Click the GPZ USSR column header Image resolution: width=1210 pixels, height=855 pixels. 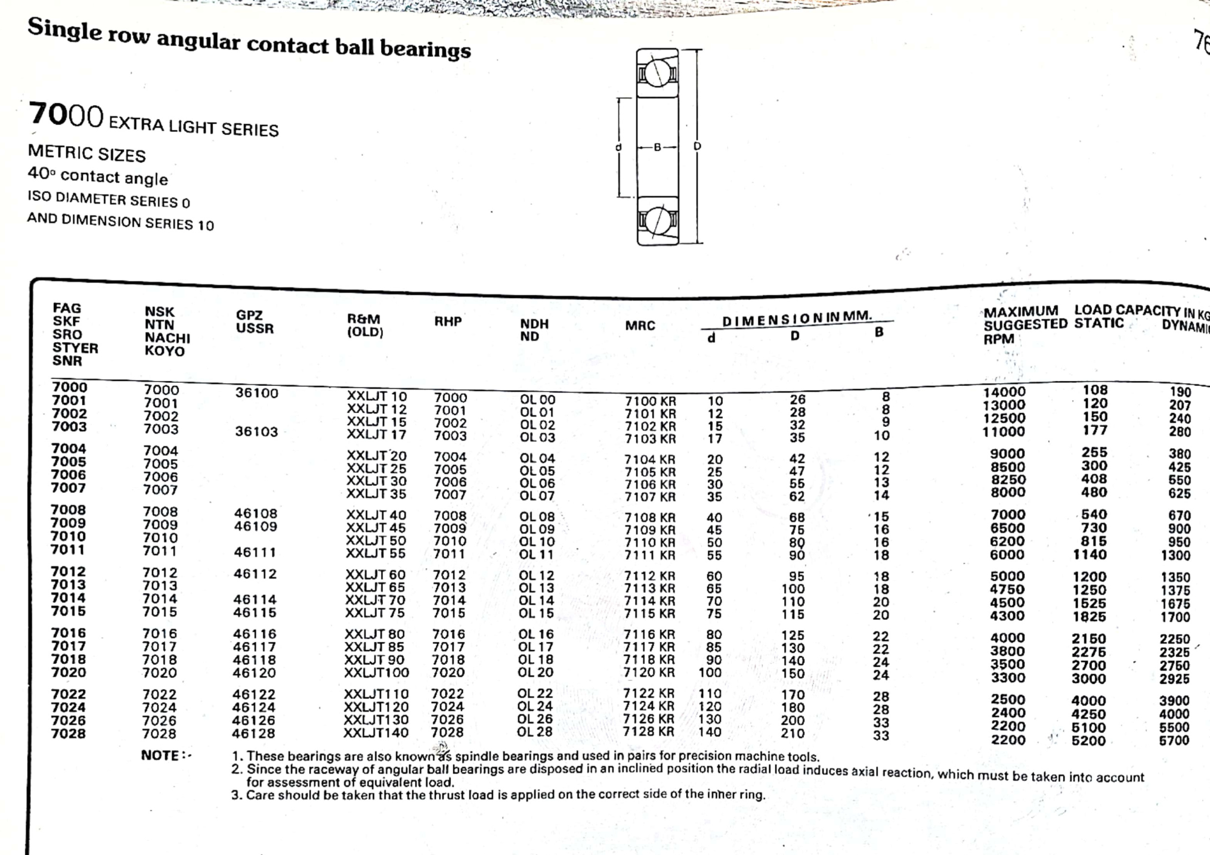tap(255, 322)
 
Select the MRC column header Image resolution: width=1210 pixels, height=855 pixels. tap(640, 325)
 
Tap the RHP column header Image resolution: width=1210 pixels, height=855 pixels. tap(448, 321)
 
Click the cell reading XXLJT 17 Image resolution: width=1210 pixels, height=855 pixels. tap(376, 434)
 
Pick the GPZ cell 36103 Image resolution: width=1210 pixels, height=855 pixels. tap(257, 431)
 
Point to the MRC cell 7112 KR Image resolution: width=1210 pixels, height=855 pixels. tap(649, 576)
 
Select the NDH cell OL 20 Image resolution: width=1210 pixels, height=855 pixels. tap(535, 672)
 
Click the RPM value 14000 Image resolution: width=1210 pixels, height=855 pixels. tap(1004, 392)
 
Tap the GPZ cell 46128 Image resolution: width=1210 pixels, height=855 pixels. tap(254, 733)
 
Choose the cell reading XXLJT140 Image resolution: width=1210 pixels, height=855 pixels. tap(376, 733)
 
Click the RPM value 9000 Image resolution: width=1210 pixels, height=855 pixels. tap(1007, 454)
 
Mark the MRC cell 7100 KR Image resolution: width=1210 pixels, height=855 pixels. tap(650, 401)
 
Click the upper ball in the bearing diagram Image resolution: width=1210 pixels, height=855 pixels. tap(657, 74)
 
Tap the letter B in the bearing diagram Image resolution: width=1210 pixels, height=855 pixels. tap(658, 146)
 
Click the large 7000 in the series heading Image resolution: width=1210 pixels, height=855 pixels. tap(67, 115)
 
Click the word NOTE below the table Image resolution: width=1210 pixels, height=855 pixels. tap(161, 755)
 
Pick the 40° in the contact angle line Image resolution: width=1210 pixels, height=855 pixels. tap(41, 173)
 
